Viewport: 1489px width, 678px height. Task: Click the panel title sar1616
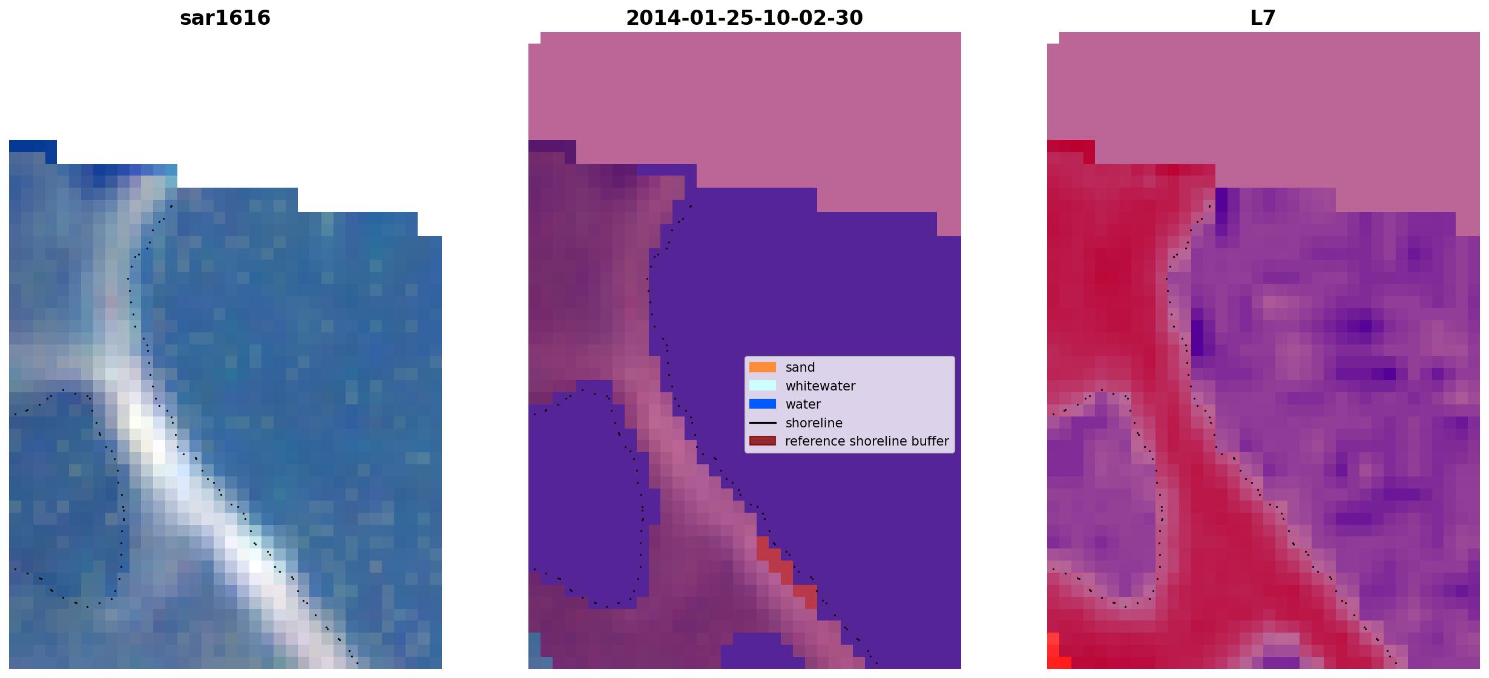pos(225,18)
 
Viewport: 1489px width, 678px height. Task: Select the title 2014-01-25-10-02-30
pos(744,18)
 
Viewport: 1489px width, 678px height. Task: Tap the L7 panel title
pos(1263,18)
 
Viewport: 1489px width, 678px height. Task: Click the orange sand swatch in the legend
pos(763,367)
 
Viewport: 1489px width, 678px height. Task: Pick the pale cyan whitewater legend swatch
pos(763,386)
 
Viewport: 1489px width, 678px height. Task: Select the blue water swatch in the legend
pos(763,404)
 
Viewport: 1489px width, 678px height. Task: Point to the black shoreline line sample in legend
pos(763,423)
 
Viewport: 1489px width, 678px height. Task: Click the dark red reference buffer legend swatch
pos(763,441)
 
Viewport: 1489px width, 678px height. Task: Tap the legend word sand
pos(800,367)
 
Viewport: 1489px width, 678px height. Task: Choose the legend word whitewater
pos(820,386)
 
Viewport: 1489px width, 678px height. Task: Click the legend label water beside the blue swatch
pos(803,404)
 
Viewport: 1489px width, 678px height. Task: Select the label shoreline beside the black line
pos(814,423)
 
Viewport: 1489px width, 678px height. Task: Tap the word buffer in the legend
pos(929,441)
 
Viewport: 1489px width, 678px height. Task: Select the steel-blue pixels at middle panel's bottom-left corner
pos(534,651)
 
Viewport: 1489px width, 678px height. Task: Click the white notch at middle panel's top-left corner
pos(534,38)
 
